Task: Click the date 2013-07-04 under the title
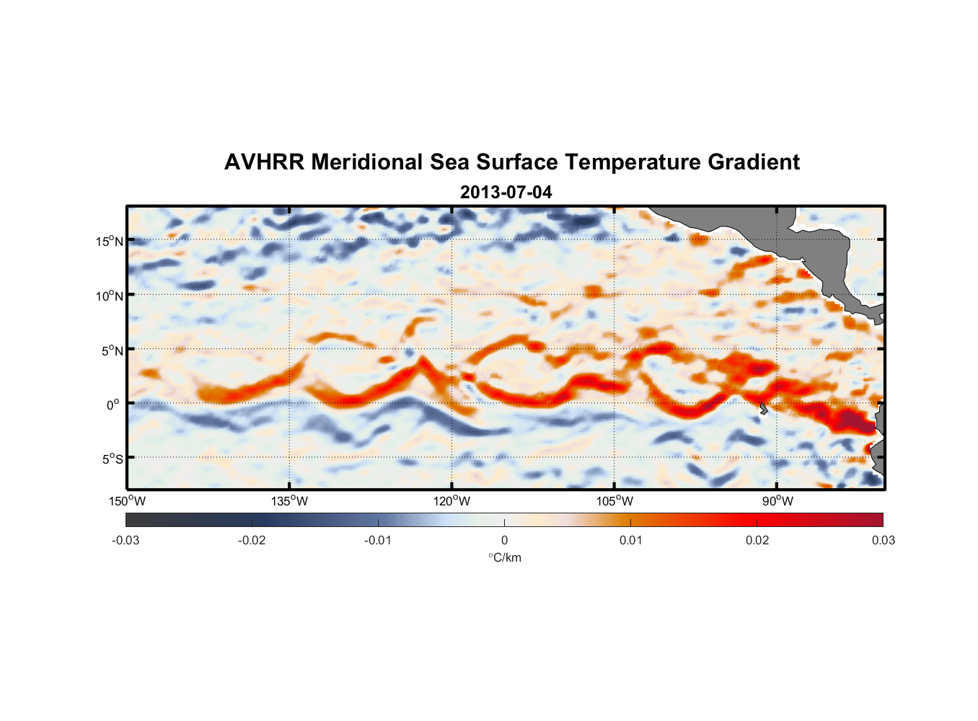pyautogui.click(x=506, y=193)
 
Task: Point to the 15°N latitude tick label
pyautogui.click(x=110, y=241)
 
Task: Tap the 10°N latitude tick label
pyautogui.click(x=110, y=296)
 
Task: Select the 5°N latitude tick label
pyautogui.click(x=112, y=350)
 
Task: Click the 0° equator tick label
pyautogui.click(x=113, y=404)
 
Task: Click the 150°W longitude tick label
pyautogui.click(x=127, y=501)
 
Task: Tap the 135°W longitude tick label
pyautogui.click(x=289, y=501)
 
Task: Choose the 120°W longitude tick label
pyautogui.click(x=452, y=501)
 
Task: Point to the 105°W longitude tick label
pyautogui.click(x=614, y=501)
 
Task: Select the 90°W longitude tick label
pyautogui.click(x=777, y=501)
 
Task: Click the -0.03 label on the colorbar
pyautogui.click(x=125, y=541)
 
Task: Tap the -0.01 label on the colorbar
pyautogui.click(x=378, y=541)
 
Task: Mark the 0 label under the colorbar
pyautogui.click(x=504, y=541)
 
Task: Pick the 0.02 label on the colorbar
pyautogui.click(x=757, y=541)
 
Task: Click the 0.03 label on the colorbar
pyautogui.click(x=883, y=541)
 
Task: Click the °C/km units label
pyautogui.click(x=505, y=557)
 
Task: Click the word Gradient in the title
pyautogui.click(x=754, y=162)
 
